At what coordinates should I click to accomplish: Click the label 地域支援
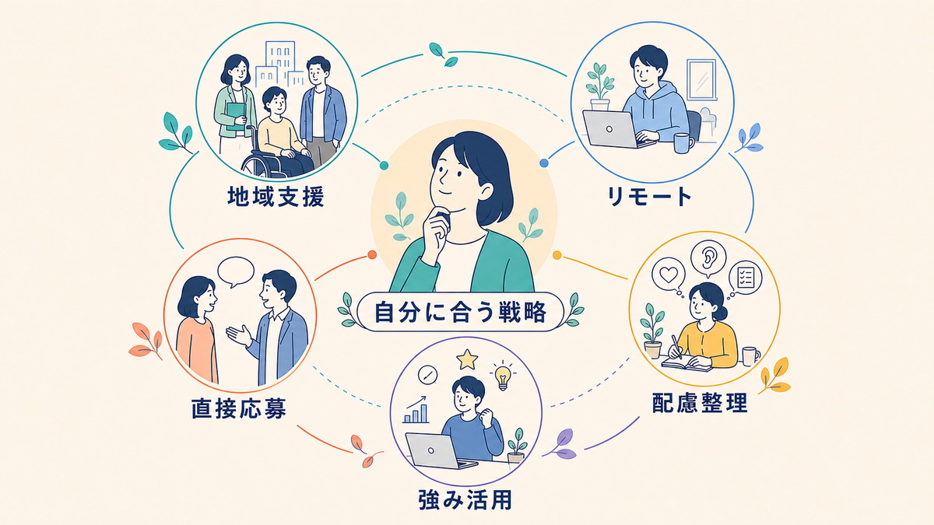(276, 197)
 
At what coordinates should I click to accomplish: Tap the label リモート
(649, 197)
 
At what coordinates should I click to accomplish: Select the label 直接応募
(239, 408)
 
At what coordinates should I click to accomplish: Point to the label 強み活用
(465, 499)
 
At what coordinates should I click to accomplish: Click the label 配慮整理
(700, 403)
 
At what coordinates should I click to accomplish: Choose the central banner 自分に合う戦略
(460, 313)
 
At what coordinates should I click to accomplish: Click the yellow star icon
(467, 359)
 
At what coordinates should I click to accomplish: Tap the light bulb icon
(503, 375)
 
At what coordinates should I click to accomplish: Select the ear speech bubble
(708, 260)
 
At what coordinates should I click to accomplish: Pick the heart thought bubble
(669, 276)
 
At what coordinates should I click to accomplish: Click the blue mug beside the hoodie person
(683, 143)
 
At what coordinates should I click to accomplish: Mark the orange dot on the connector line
(372, 254)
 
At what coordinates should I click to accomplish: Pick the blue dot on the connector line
(544, 163)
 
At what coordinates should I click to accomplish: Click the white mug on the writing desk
(750, 356)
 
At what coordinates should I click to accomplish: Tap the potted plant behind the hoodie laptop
(599, 86)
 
